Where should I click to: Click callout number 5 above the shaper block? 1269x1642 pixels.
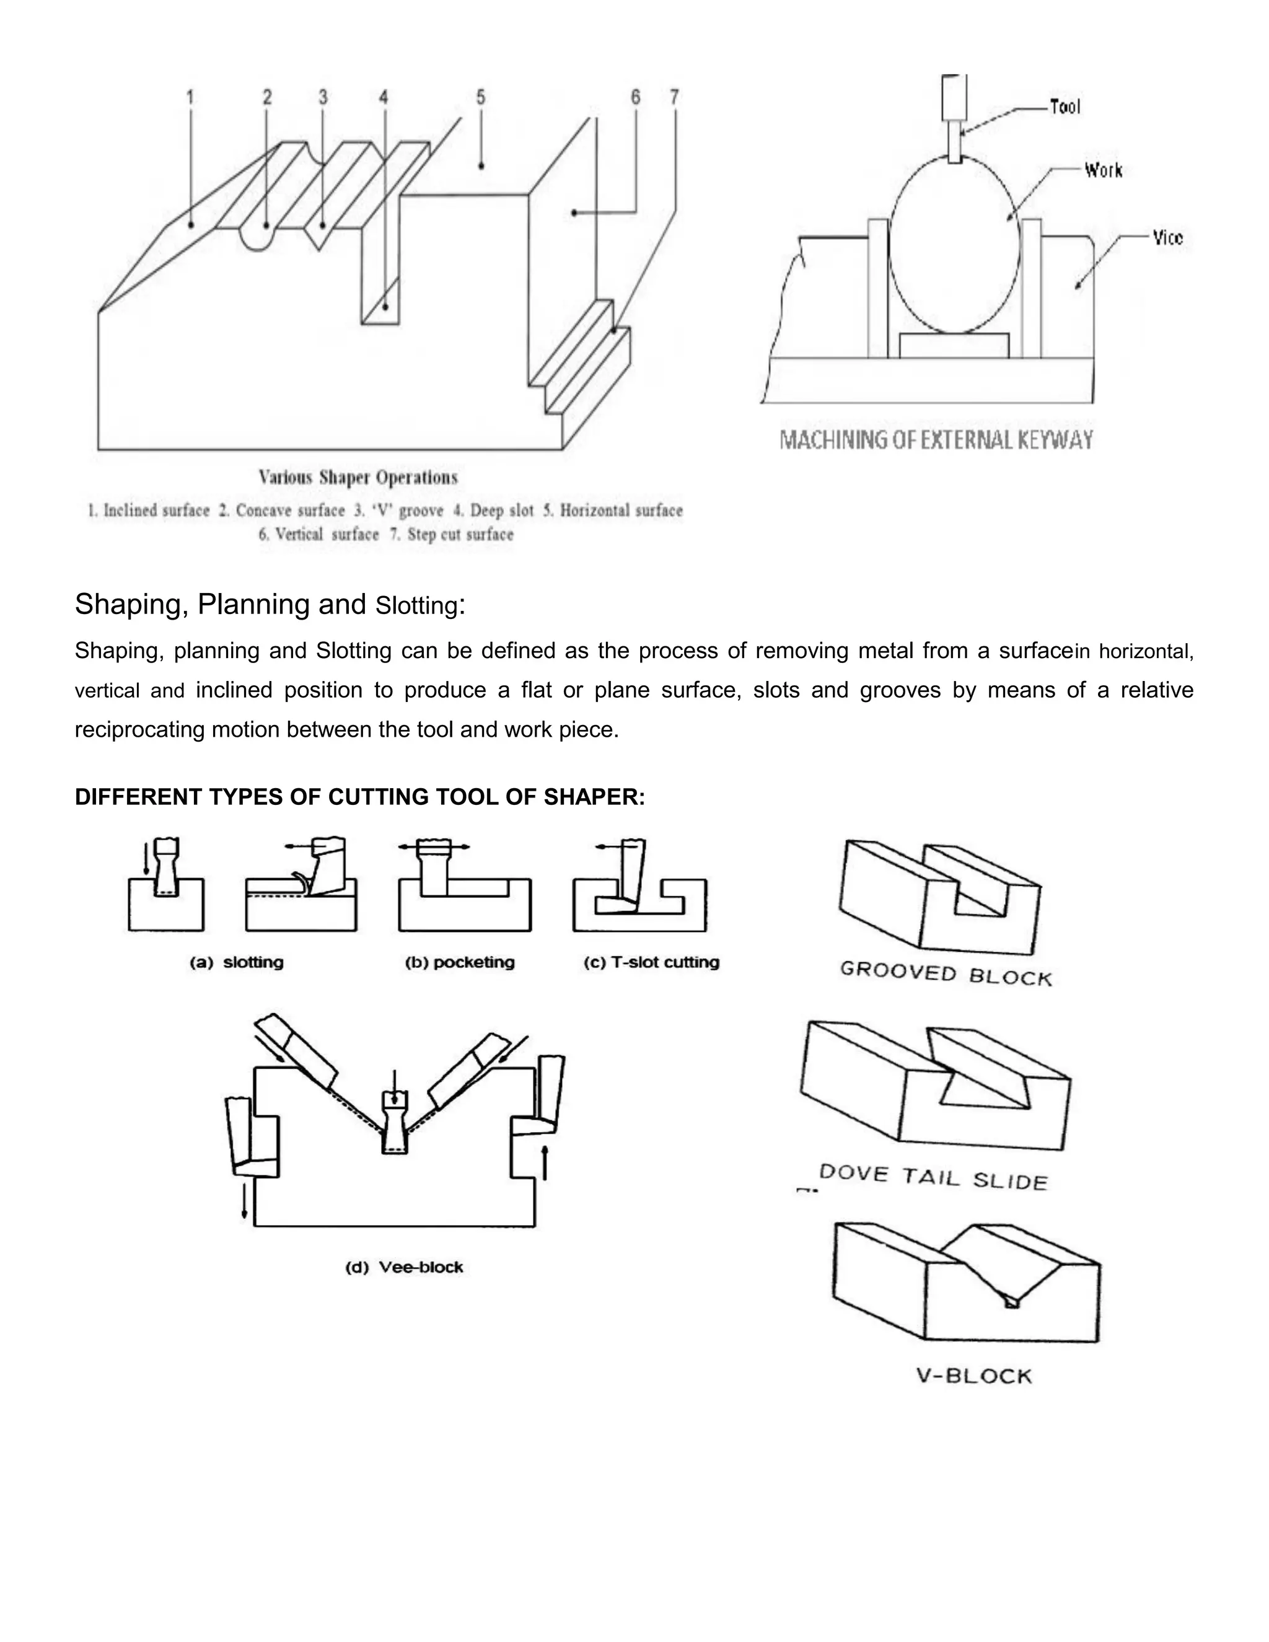point(480,97)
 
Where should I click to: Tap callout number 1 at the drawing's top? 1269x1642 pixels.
point(190,97)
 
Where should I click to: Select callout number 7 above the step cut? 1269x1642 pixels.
point(674,97)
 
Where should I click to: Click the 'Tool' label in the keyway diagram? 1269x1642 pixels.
point(1065,108)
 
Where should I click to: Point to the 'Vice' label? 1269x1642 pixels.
point(1167,239)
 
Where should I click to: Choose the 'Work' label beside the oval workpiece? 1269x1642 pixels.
point(1103,170)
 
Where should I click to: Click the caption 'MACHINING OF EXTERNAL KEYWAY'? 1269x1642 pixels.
point(936,440)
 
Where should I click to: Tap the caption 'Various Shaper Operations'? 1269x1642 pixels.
point(358,477)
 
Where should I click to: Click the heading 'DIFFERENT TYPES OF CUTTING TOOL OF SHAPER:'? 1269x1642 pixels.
point(359,797)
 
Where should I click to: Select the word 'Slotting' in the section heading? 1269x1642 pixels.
point(416,606)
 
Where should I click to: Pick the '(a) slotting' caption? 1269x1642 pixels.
point(236,962)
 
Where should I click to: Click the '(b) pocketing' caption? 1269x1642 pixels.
point(459,962)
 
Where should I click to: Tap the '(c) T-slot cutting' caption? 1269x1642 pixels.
point(651,962)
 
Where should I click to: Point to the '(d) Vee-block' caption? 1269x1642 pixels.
point(404,1268)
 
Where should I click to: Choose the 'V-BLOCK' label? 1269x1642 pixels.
point(974,1377)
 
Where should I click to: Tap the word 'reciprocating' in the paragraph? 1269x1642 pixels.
point(139,730)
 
